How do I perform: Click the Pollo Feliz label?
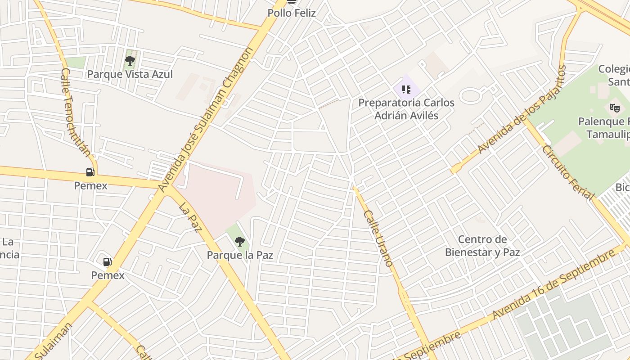pos(292,13)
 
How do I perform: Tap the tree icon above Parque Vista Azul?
pos(130,60)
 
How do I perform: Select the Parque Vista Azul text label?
pos(130,74)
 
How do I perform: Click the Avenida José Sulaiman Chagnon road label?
pos(206,119)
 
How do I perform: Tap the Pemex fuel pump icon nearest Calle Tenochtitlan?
pos(90,172)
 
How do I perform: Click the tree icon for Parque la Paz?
pos(240,242)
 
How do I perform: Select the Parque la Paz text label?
pos(240,255)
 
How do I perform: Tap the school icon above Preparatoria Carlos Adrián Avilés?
pos(406,89)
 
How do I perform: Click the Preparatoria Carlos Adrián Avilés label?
pos(406,109)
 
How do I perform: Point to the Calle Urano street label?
pos(378,238)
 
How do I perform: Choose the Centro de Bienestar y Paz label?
pos(482,246)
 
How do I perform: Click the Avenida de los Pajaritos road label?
pos(522,110)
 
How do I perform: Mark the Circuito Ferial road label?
pos(568,172)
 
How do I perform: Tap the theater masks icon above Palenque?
pos(614,108)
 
